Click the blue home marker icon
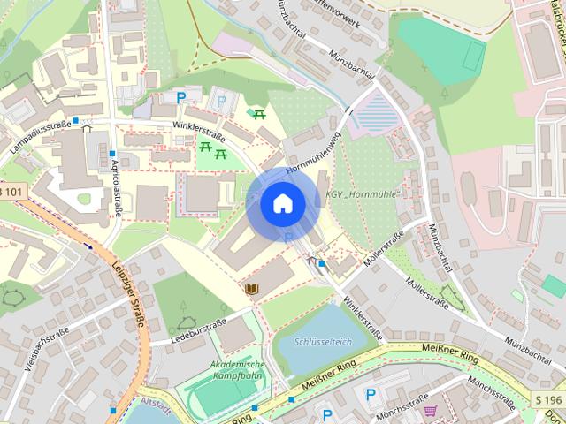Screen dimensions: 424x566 coord(282,203)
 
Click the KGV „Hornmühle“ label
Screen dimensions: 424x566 coord(363,193)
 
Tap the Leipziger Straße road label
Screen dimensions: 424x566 coord(129,287)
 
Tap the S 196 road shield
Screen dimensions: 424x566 coord(547,400)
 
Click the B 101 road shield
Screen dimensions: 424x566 coord(11,192)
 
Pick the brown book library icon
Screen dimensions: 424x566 coord(252,288)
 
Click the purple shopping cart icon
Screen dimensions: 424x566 coord(431,411)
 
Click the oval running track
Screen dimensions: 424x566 coord(215,396)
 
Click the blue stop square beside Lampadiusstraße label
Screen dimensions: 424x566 coord(77,120)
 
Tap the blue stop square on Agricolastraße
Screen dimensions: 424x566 coord(112,154)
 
